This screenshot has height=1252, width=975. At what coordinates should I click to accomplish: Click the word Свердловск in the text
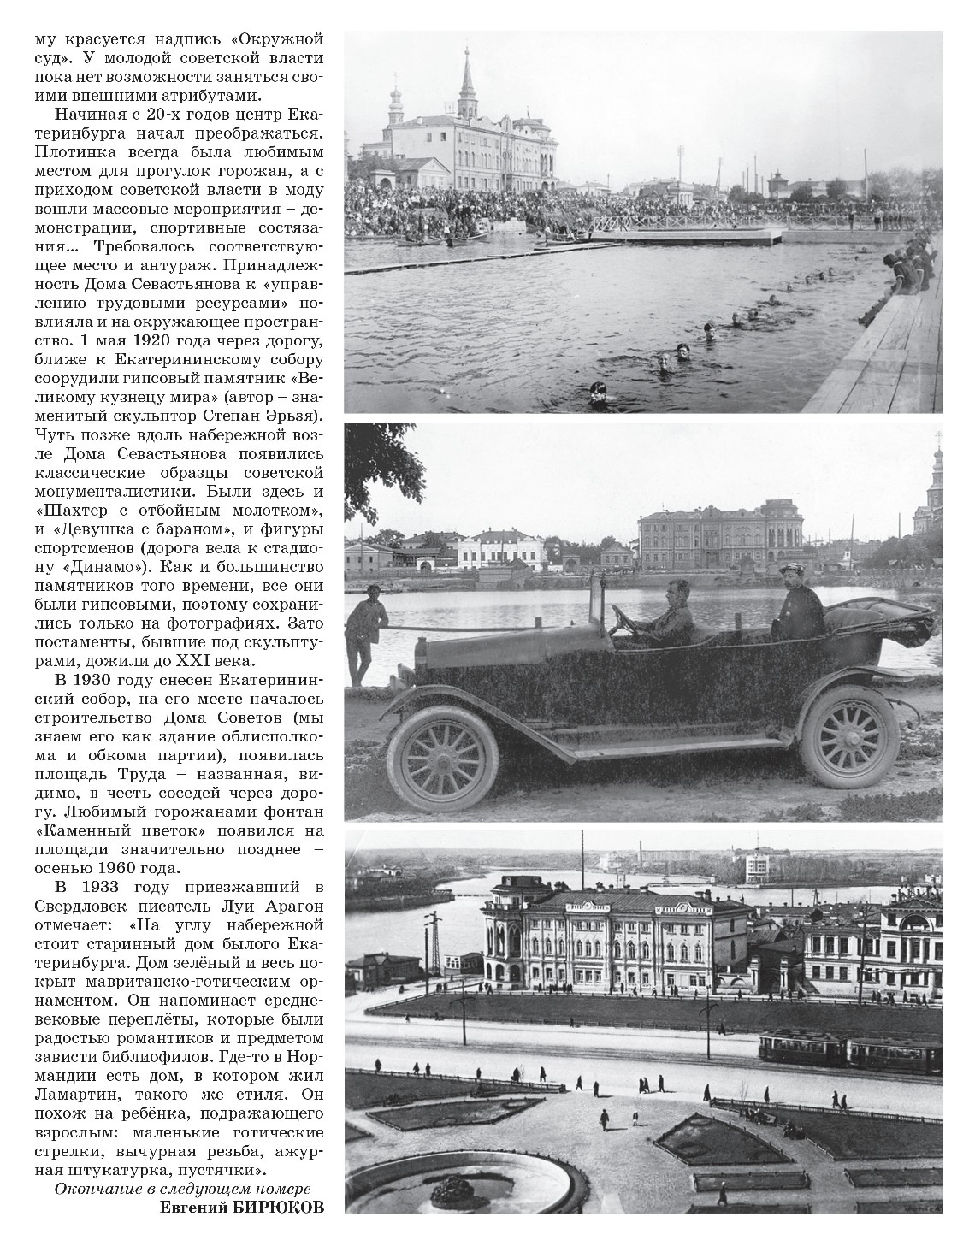(77, 905)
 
